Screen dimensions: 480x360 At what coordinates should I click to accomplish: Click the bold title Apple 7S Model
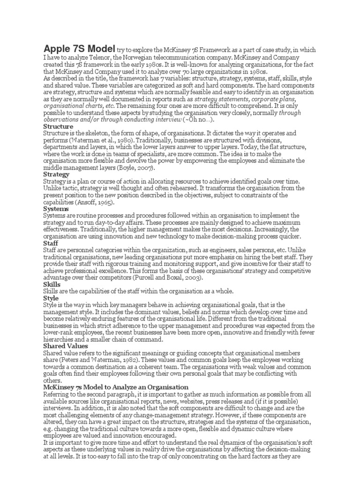click(79, 49)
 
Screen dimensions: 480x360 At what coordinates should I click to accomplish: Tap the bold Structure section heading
click(58, 127)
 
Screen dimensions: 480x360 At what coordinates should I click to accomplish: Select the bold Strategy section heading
click(56, 174)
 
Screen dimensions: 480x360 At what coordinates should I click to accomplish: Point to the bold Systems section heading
click(56, 209)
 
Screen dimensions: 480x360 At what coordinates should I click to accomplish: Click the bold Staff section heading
click(51, 243)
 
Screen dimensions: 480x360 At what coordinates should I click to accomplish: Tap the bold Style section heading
click(51, 298)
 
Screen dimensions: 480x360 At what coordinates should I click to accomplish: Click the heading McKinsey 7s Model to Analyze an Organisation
click(116, 387)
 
